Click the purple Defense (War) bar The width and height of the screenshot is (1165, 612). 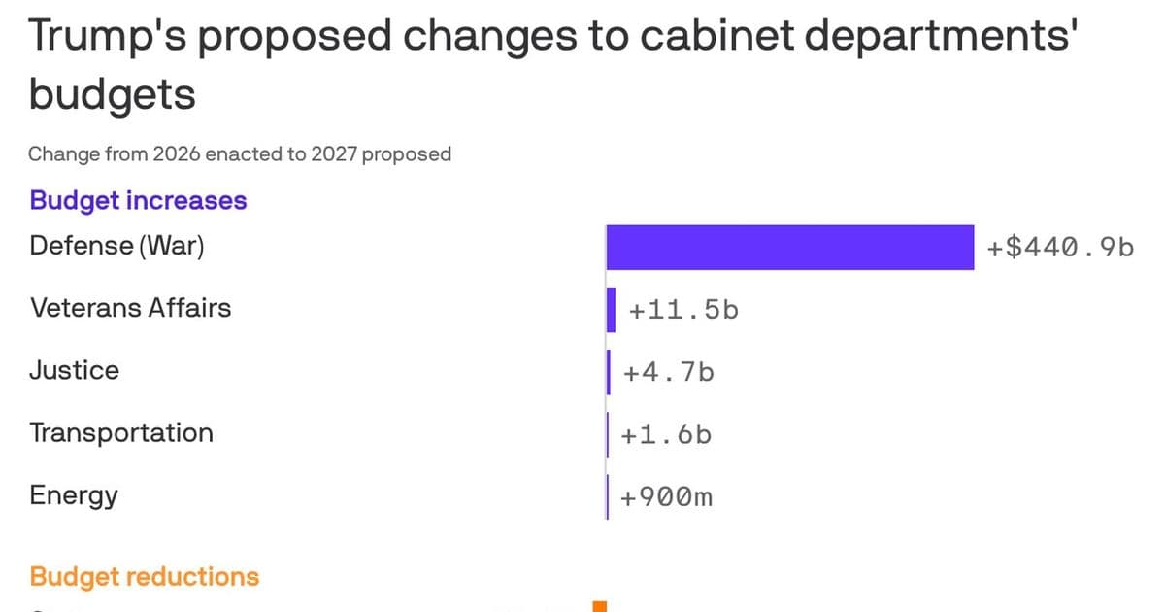tap(789, 248)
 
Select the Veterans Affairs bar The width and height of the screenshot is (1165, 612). tap(612, 310)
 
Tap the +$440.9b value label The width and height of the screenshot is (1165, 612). tap(1060, 248)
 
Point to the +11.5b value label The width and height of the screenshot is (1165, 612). tap(683, 311)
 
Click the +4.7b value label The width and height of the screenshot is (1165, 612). tap(669, 372)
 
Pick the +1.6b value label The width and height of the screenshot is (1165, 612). tap(667, 434)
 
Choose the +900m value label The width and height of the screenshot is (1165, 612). tap(667, 497)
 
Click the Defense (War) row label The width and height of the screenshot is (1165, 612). tap(117, 245)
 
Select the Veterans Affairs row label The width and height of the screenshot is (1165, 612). tap(131, 308)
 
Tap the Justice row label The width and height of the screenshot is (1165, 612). tap(75, 370)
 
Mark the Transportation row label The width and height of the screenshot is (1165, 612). tap(121, 432)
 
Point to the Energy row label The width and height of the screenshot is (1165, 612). tap(74, 495)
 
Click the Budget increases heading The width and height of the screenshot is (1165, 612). tap(138, 200)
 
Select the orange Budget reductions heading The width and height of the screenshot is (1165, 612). tap(145, 576)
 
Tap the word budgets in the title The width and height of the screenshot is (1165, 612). tap(113, 95)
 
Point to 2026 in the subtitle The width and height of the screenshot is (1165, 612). tap(176, 153)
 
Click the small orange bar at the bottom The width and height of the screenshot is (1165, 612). tap(599, 607)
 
